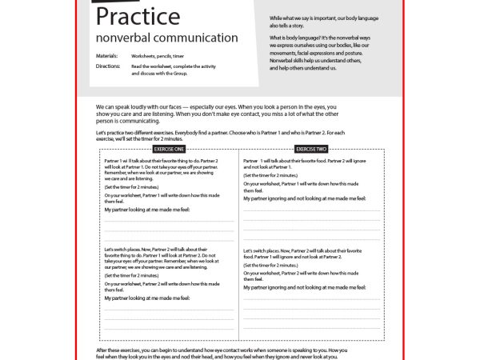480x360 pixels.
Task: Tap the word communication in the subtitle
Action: (x=200, y=38)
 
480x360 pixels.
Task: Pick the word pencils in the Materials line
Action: (x=164, y=56)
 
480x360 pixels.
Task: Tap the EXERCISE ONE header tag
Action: (x=169, y=150)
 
